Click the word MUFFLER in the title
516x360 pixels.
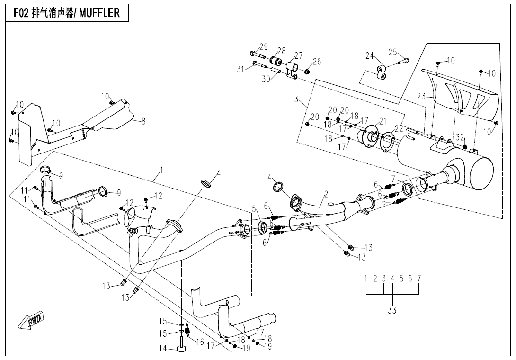tap(99, 13)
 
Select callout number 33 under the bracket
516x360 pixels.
tap(392, 310)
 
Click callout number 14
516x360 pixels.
tap(163, 349)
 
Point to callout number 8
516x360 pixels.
tap(143, 121)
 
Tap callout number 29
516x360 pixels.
tap(263, 46)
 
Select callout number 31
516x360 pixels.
tap(241, 69)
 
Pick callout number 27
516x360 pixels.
tap(299, 55)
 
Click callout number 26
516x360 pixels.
tap(317, 61)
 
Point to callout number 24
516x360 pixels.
tap(369, 55)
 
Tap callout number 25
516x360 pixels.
tap(393, 52)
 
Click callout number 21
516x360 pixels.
tap(383, 121)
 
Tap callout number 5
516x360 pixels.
tap(254, 209)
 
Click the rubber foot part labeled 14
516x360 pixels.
tap(181, 349)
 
